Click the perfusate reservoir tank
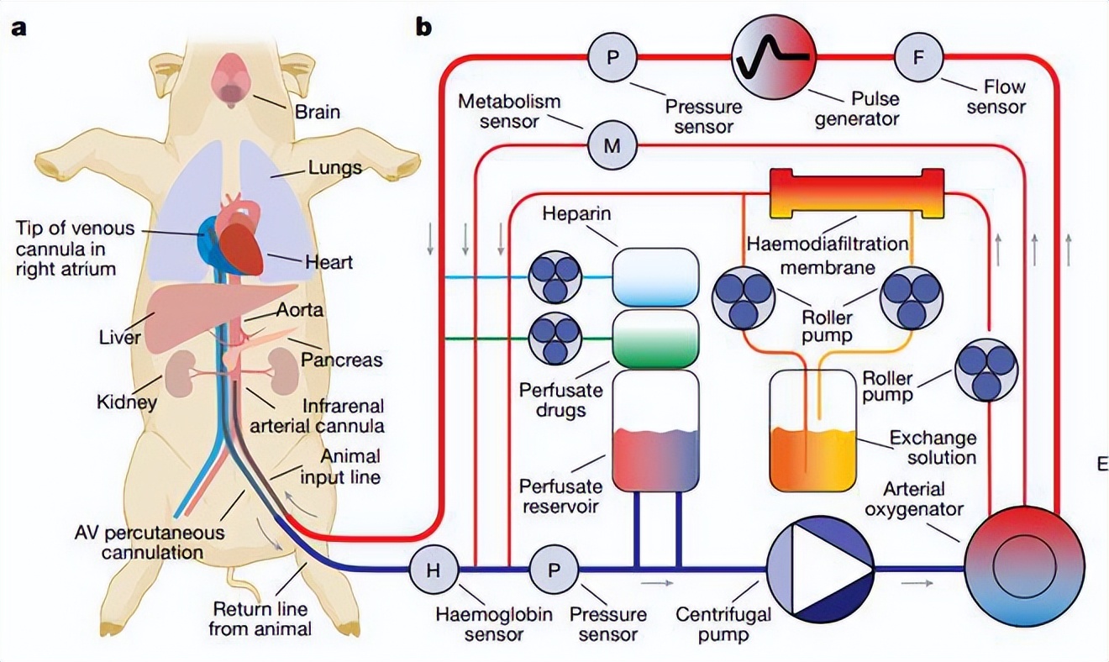click(655, 432)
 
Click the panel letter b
click(424, 27)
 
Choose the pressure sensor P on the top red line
click(612, 58)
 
